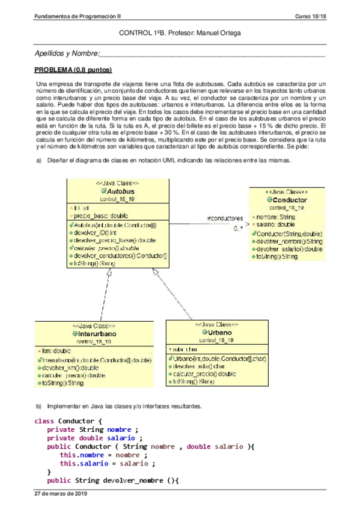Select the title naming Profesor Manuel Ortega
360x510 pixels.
[180, 34]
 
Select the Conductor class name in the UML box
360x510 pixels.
[290, 200]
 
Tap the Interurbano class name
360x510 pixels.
[96, 333]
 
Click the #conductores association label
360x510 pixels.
[225, 218]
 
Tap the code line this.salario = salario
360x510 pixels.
[108, 464]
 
